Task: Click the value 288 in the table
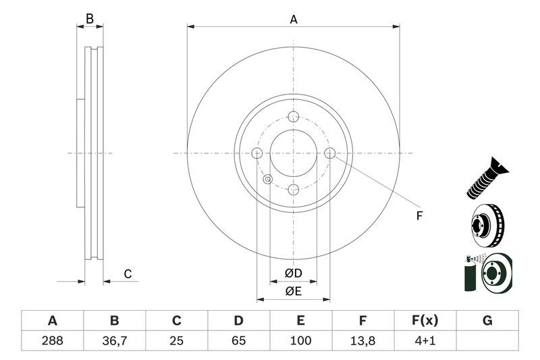coord(52,341)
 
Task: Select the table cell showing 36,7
coord(114,341)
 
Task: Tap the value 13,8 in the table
coord(362,341)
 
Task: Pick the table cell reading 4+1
coord(425,341)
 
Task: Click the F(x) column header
coord(425,320)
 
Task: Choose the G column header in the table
coord(487,320)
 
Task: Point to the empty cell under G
coord(487,341)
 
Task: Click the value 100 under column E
coord(300,341)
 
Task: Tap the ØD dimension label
coord(292,273)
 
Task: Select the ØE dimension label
coord(292,291)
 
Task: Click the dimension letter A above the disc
coord(294,20)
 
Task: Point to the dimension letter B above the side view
coord(90,20)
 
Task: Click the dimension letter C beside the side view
coord(127,274)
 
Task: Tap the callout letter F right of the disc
coord(418,216)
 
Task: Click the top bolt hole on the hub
coord(293,117)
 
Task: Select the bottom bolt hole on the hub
coord(293,190)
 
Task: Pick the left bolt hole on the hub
coord(256,153)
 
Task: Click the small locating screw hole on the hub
coord(268,179)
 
